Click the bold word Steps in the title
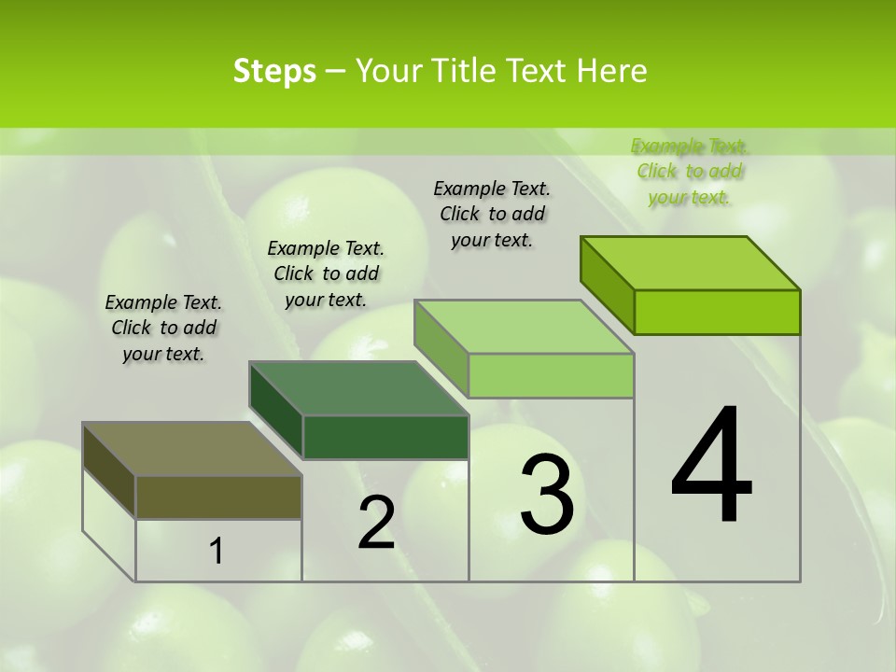274,71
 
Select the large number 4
711,467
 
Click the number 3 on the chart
547,495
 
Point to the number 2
376,524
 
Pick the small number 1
217,552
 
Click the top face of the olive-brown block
192,449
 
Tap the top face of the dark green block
358,388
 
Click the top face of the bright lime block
691,263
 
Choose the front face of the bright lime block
717,312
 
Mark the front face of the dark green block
385,437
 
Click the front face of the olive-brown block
218,497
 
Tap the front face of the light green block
551,375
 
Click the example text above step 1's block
163,329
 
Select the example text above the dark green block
326,273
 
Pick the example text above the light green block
492,214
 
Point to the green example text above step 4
690,171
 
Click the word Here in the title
612,71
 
